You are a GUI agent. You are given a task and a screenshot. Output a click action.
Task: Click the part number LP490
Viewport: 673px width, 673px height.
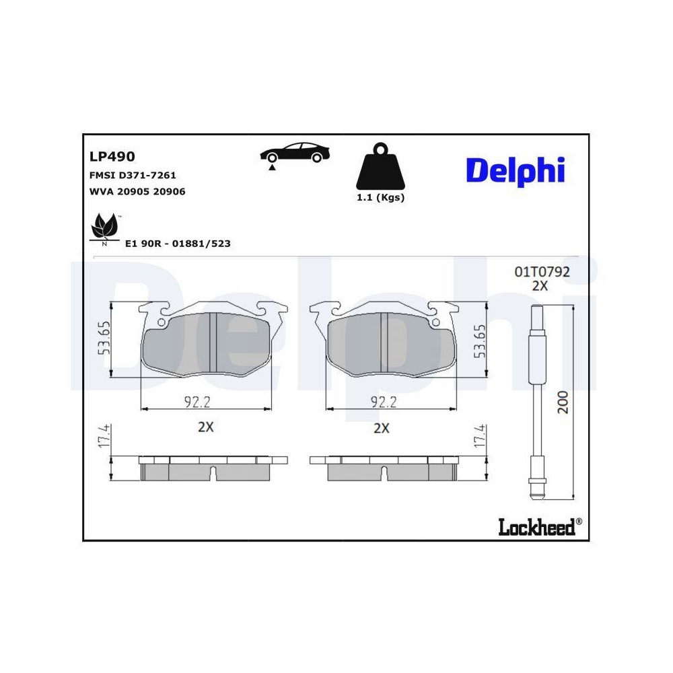click(112, 157)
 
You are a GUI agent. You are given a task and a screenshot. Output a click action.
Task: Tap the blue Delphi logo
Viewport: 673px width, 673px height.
click(515, 170)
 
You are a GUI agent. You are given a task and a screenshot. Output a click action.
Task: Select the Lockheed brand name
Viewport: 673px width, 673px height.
click(536, 527)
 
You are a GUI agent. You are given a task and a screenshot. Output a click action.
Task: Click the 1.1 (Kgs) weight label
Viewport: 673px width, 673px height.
click(380, 198)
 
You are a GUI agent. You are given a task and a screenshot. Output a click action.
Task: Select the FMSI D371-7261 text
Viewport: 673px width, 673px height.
click(133, 175)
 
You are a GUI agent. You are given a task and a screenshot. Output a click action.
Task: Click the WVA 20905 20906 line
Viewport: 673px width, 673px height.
click(137, 191)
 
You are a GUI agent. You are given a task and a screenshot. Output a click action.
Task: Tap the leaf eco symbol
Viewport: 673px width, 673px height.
click(104, 227)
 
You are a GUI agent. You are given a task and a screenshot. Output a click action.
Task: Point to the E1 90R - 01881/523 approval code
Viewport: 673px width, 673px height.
click(178, 244)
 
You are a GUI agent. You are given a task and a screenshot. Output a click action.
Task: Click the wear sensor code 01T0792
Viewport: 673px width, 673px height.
click(542, 272)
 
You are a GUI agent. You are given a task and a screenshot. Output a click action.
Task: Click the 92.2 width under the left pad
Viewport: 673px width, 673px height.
click(198, 402)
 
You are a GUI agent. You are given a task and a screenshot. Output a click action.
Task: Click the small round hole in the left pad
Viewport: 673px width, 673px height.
click(161, 323)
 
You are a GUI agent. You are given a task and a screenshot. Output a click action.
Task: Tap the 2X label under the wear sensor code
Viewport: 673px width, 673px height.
click(540, 285)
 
